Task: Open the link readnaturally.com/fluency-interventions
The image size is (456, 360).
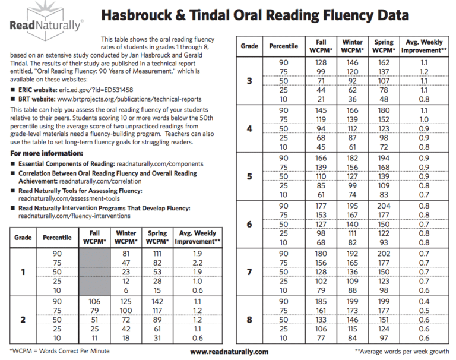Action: click(66, 217)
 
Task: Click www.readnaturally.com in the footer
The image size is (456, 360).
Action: click(229, 352)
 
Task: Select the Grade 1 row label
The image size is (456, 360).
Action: click(23, 273)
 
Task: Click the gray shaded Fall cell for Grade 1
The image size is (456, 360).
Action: click(94, 273)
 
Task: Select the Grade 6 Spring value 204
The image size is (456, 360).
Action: click(384, 206)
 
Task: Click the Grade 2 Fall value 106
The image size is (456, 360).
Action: click(94, 302)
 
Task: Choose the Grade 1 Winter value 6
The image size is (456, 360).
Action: click(126, 291)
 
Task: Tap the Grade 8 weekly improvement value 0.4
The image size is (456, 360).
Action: click(424, 302)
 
